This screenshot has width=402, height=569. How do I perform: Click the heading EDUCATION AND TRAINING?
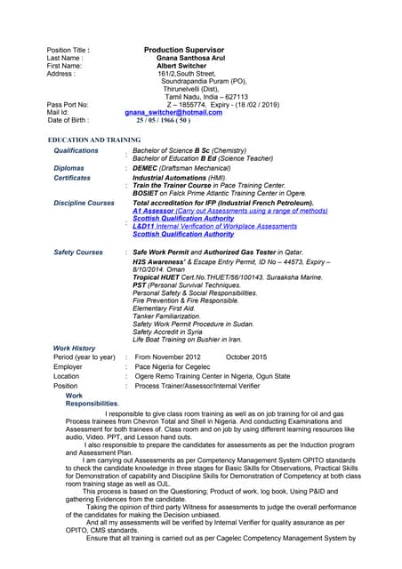tap(94, 140)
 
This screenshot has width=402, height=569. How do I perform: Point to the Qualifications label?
tap(76, 151)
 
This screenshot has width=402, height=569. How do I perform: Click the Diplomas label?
tap(69, 168)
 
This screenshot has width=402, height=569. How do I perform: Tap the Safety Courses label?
tap(78, 252)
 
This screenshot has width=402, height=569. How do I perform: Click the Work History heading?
tap(75, 348)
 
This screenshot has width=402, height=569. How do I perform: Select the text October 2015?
tap(246, 357)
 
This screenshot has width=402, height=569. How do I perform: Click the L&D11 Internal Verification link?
tap(214, 227)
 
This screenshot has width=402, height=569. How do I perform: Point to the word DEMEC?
tap(145, 168)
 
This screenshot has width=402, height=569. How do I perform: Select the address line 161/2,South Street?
tap(188, 73)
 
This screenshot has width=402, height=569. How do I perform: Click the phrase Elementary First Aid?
tap(164, 308)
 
